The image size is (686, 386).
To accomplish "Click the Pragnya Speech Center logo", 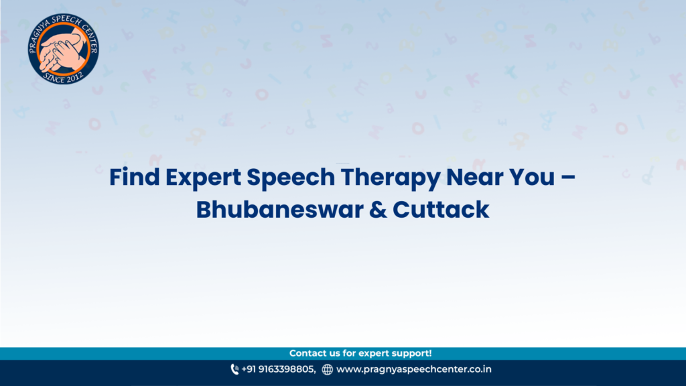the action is (63, 48).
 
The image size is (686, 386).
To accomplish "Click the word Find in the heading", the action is (134, 177).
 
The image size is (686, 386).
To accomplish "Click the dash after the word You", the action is (568, 178).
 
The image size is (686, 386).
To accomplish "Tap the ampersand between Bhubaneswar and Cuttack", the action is (378, 210).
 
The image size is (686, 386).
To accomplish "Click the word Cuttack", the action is (441, 210).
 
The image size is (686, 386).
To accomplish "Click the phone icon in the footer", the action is (234, 369).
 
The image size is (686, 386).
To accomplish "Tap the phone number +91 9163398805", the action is (278, 369).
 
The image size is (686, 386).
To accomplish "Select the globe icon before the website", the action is (327, 370).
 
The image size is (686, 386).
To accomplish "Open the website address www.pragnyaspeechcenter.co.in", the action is (414, 369).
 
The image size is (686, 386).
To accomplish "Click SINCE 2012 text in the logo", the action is (63, 78).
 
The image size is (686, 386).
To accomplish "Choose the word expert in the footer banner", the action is (374, 354).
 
